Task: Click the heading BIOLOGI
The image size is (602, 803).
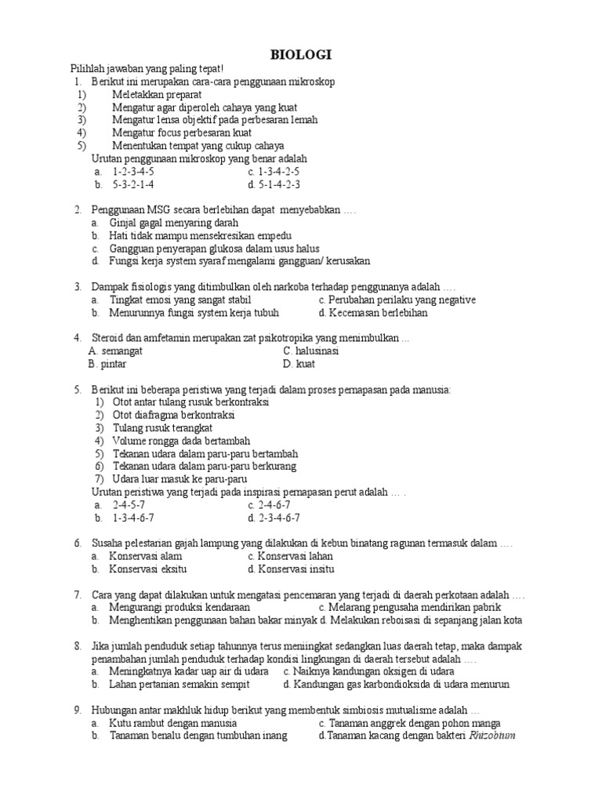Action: pos(301,54)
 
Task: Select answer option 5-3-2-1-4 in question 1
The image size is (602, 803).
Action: pos(133,184)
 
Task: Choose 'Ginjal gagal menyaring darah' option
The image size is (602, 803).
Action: pos(173,223)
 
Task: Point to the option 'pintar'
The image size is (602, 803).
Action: pos(114,363)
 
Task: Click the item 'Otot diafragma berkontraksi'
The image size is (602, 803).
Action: pos(180,415)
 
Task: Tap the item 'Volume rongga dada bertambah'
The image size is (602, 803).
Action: pos(180,441)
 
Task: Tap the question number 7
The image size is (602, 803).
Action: pos(78,594)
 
